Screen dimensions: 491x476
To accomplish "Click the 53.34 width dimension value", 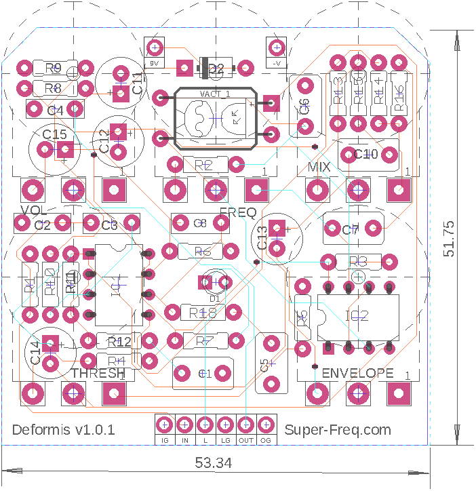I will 214,463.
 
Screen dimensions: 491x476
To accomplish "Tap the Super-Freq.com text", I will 338,429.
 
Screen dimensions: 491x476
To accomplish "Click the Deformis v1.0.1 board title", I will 64,429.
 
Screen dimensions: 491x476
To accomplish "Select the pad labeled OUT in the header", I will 245,425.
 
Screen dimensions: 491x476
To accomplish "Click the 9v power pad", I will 155,47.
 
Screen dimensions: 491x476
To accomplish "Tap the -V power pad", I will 275,47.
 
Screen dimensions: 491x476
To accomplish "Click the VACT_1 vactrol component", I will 216,118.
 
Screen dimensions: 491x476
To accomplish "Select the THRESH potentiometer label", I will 98,373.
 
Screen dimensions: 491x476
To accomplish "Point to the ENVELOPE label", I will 357,373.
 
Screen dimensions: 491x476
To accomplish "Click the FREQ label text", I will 237,213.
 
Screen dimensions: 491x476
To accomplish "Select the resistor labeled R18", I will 202,312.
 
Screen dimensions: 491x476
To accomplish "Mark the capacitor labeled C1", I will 205,373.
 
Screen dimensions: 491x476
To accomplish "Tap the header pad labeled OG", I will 266,425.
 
